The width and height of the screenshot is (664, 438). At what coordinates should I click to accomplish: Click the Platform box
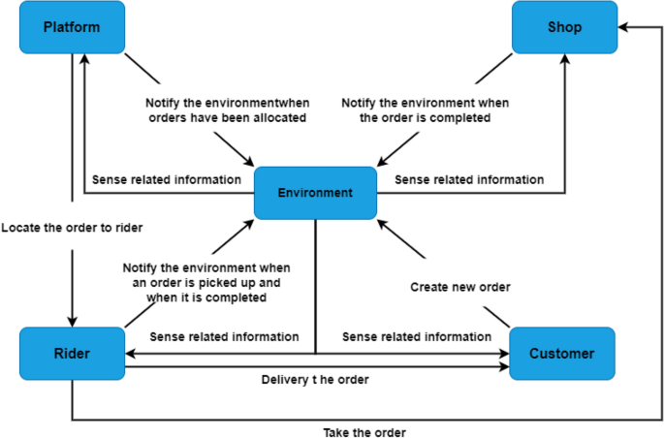coord(72,27)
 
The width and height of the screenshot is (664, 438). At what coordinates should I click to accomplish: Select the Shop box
coord(564,27)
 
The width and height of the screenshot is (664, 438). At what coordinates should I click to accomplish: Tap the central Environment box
coord(315,193)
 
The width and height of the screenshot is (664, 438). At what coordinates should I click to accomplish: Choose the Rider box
coord(72,353)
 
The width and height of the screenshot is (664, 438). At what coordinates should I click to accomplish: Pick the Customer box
coord(561,353)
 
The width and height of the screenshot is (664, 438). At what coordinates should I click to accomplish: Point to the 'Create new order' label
coord(460,287)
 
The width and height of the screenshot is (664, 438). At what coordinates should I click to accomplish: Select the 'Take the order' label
coord(364,431)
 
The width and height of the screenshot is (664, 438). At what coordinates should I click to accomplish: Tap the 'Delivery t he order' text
coord(315,379)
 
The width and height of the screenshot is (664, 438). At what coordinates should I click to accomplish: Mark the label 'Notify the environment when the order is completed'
coord(425,110)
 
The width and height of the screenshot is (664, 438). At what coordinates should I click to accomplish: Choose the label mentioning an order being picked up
coord(206,282)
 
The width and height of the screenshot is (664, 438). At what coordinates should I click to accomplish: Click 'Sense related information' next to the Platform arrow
coord(167,179)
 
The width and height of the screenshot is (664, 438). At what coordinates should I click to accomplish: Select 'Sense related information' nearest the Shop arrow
coord(469,179)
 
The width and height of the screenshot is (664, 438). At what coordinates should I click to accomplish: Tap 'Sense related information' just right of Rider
coord(224,337)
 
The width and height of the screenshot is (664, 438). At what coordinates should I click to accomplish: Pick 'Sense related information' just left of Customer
coord(417,337)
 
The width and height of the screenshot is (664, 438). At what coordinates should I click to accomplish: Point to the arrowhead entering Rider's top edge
coord(72,322)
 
